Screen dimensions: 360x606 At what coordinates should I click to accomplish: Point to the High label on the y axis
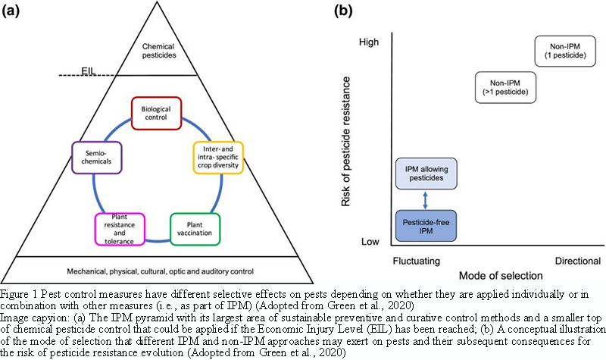point(368,45)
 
